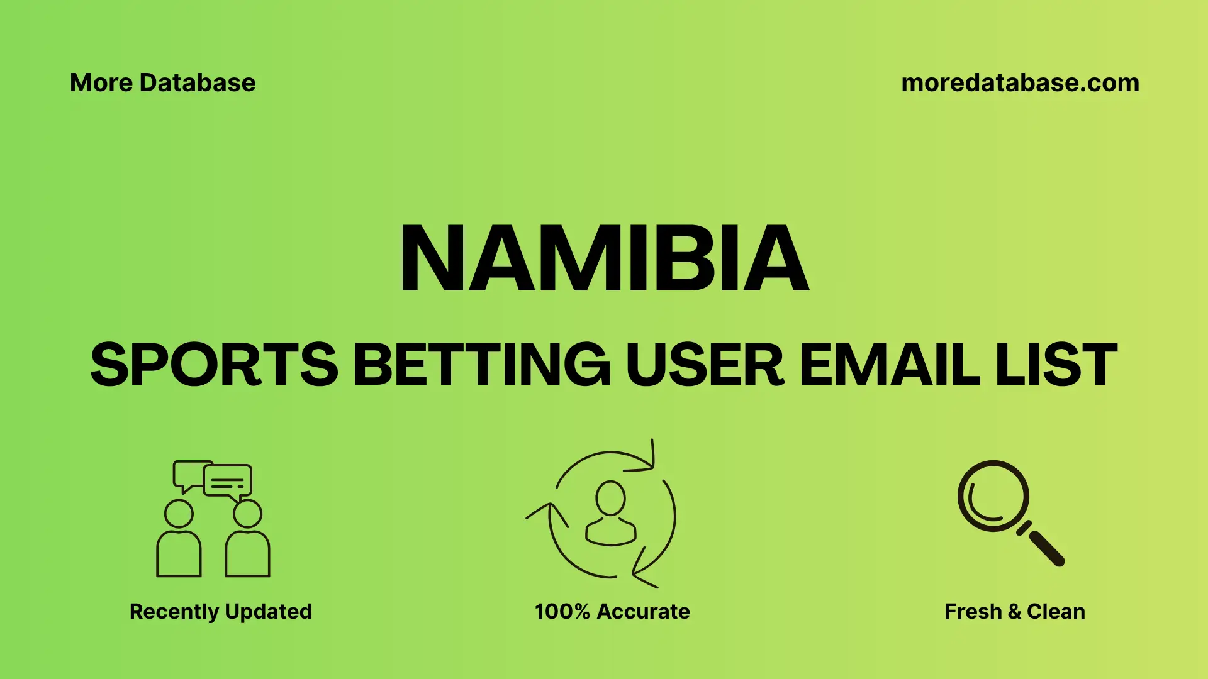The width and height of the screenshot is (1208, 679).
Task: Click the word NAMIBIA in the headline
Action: tap(604, 258)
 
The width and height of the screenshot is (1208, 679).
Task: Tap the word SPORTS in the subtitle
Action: tap(214, 365)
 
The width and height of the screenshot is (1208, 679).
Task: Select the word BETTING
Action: tap(481, 365)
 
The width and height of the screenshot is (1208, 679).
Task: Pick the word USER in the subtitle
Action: tap(705, 365)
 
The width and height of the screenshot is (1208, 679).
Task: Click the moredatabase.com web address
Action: tap(1020, 83)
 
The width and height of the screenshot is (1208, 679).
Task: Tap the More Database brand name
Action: tap(162, 83)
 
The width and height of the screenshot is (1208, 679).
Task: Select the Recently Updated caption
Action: tap(220, 611)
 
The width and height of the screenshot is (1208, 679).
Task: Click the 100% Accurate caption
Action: tap(612, 611)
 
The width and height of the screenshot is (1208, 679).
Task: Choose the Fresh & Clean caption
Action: tap(1014, 611)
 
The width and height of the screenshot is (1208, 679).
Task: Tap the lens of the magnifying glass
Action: tap(993, 496)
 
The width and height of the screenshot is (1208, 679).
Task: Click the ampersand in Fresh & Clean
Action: tap(1014, 611)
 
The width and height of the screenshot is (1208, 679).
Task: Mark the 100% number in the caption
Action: tap(562, 611)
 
